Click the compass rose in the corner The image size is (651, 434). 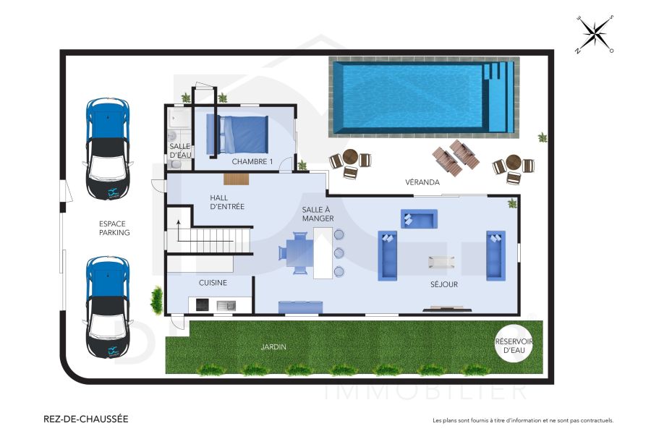[x=594, y=34]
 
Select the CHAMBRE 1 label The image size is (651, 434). [x=252, y=162]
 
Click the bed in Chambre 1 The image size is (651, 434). [x=238, y=135]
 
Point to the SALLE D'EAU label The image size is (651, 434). [x=179, y=150]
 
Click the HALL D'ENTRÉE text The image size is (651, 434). [x=226, y=202]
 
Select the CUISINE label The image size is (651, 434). [x=213, y=283]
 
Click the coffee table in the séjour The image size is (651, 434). [x=441, y=262]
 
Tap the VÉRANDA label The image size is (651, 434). [x=422, y=182]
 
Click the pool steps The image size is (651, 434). [x=498, y=97]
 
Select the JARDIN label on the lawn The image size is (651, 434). [x=273, y=347]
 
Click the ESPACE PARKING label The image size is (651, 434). [x=114, y=229]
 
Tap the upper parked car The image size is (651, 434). [x=108, y=148]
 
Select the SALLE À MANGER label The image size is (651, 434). [x=318, y=213]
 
